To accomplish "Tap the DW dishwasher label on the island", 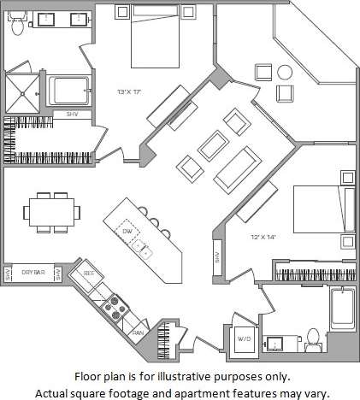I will click(x=126, y=231).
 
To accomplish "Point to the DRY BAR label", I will click(x=32, y=272).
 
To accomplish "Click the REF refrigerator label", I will click(x=87, y=273).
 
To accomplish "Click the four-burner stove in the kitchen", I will click(x=114, y=309).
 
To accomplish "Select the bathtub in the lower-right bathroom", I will click(x=341, y=316).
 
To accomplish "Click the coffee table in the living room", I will click(x=211, y=147).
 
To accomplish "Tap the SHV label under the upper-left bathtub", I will click(x=61, y=114).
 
